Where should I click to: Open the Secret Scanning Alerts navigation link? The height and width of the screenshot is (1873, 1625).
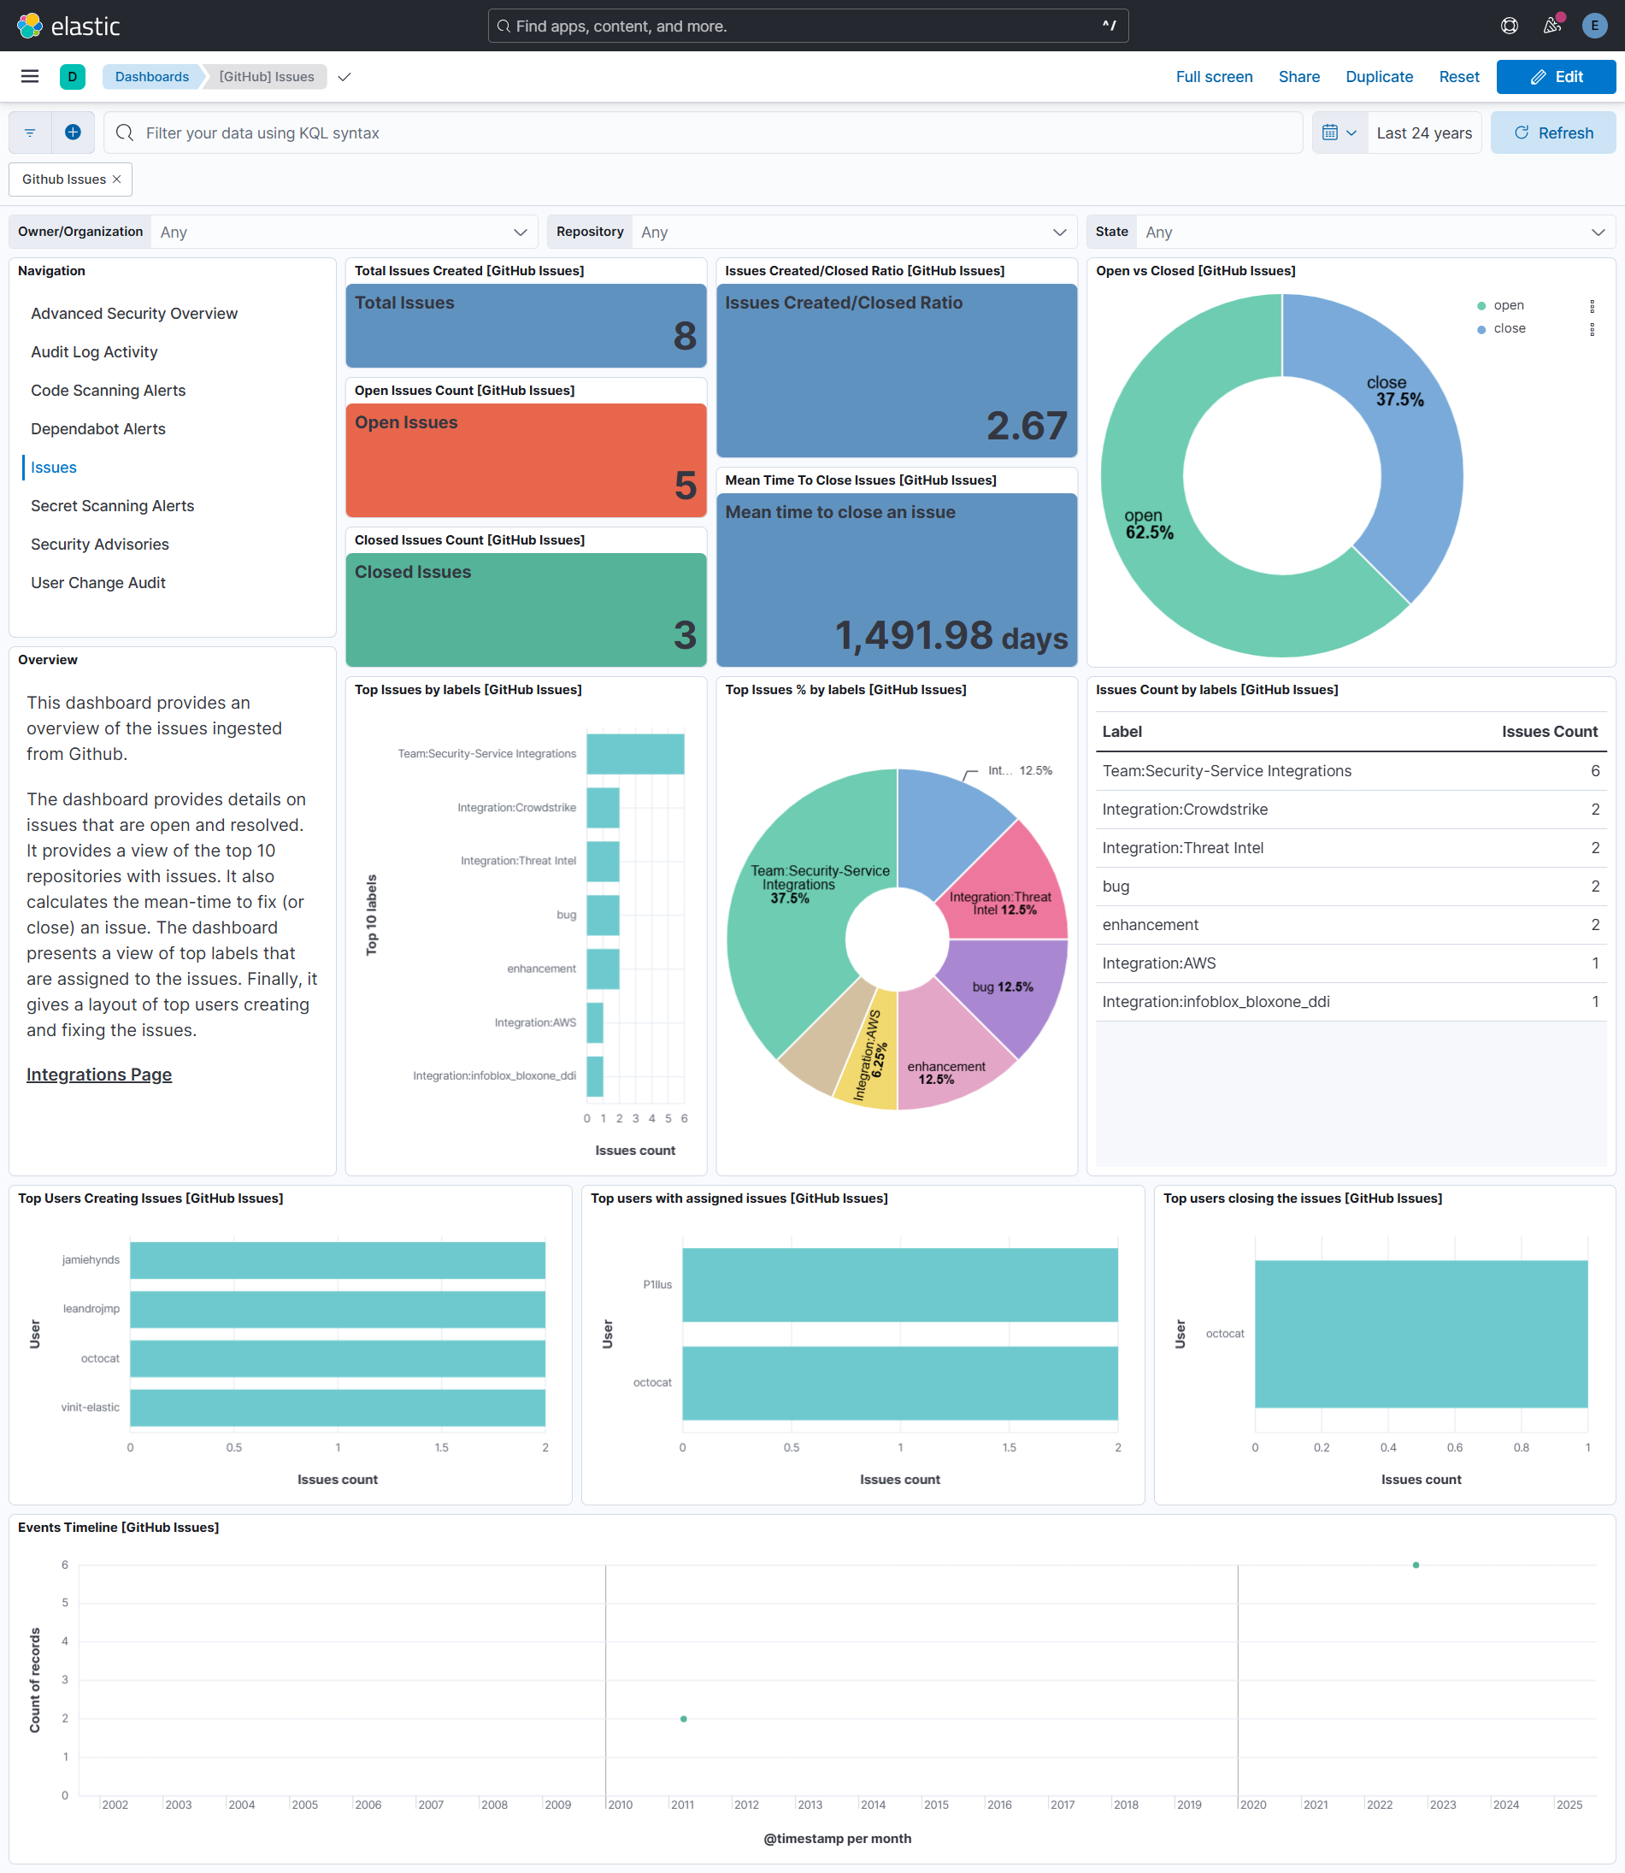(113, 506)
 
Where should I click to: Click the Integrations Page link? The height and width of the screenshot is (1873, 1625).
(99, 1074)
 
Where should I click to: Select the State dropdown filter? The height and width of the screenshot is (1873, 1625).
(1373, 233)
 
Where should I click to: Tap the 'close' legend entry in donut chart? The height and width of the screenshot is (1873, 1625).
(1509, 328)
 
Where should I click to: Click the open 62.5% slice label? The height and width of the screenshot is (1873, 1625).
(1148, 524)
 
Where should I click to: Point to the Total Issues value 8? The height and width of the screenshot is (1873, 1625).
(685, 337)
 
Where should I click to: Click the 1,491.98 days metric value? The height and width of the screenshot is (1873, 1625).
(950, 635)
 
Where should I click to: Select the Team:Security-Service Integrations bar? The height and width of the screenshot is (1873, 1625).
(635, 754)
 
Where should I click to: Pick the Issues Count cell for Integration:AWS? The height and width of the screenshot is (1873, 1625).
(1594, 963)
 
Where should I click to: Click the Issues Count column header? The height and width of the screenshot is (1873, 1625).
(1549, 732)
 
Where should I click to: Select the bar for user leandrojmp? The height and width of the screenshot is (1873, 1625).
(338, 1309)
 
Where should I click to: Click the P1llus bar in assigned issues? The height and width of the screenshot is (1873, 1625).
(899, 1284)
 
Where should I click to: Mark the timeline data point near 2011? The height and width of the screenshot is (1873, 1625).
(684, 1719)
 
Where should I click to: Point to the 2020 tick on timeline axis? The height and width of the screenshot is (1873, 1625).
(1252, 1805)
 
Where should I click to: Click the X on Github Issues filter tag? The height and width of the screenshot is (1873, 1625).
(117, 180)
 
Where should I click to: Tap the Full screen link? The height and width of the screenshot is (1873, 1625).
(1213, 77)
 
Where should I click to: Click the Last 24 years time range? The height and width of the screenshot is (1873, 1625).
(1422, 133)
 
